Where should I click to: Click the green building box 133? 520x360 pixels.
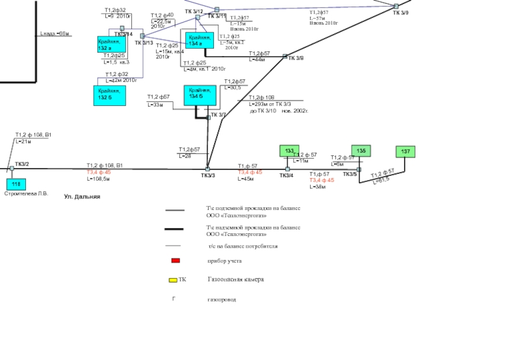point(289,151)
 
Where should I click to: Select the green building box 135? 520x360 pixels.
point(361,151)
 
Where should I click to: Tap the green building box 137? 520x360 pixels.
point(406,152)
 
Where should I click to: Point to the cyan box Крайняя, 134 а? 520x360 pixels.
point(199,41)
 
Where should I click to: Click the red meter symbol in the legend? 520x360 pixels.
point(175,261)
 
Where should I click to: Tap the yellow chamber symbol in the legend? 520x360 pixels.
point(173,280)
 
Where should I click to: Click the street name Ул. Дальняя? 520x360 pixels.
point(82,196)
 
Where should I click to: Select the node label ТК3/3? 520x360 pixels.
point(207,175)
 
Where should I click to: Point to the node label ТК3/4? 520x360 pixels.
point(287,175)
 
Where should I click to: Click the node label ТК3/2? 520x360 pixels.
point(21,164)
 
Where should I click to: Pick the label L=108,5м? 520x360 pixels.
point(98,178)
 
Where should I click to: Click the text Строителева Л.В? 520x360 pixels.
point(26,194)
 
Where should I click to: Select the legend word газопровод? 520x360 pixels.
point(222,300)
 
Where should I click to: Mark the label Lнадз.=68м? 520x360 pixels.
point(54,33)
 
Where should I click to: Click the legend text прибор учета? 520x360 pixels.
point(224,261)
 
